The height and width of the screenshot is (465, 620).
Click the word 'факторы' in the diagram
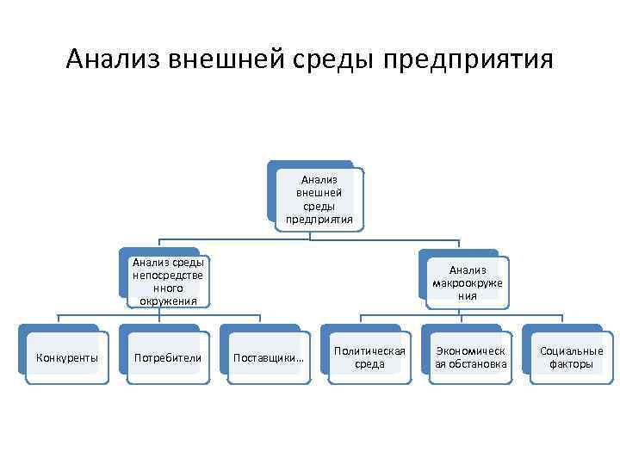(x=571, y=364)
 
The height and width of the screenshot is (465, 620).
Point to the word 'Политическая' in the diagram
(x=369, y=350)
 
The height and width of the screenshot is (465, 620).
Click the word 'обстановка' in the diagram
(x=475, y=364)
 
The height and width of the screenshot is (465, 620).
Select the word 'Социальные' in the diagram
(x=571, y=350)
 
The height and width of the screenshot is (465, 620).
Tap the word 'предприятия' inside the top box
(x=319, y=220)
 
